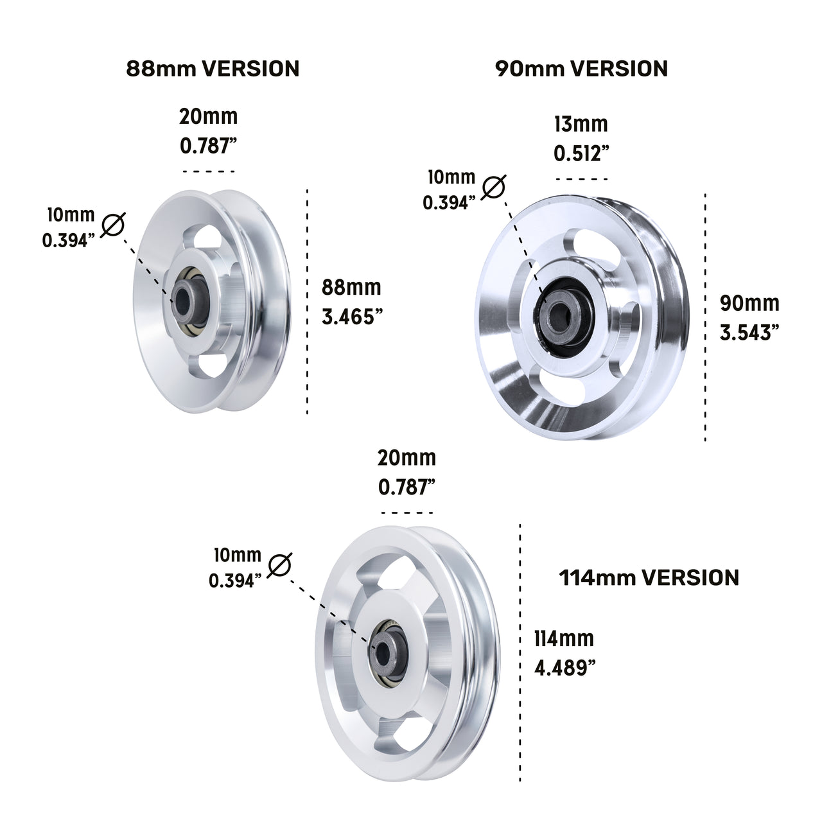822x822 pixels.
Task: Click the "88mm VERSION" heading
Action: (213, 68)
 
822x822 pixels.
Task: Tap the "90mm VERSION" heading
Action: (581, 68)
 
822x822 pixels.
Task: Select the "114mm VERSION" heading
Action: (649, 577)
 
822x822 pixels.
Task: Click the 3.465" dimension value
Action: (348, 317)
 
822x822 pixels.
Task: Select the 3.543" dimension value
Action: (749, 332)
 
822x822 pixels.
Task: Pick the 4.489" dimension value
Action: (564, 668)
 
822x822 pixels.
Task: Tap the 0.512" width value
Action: (581, 153)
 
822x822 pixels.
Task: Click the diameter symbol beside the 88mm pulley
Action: (112, 225)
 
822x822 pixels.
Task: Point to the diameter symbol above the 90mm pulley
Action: (493, 186)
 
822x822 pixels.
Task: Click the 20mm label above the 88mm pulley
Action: (209, 117)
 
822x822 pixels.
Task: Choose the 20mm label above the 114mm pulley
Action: (407, 458)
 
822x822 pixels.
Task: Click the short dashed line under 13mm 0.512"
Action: (582, 179)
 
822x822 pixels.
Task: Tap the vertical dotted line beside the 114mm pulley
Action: (520, 652)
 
